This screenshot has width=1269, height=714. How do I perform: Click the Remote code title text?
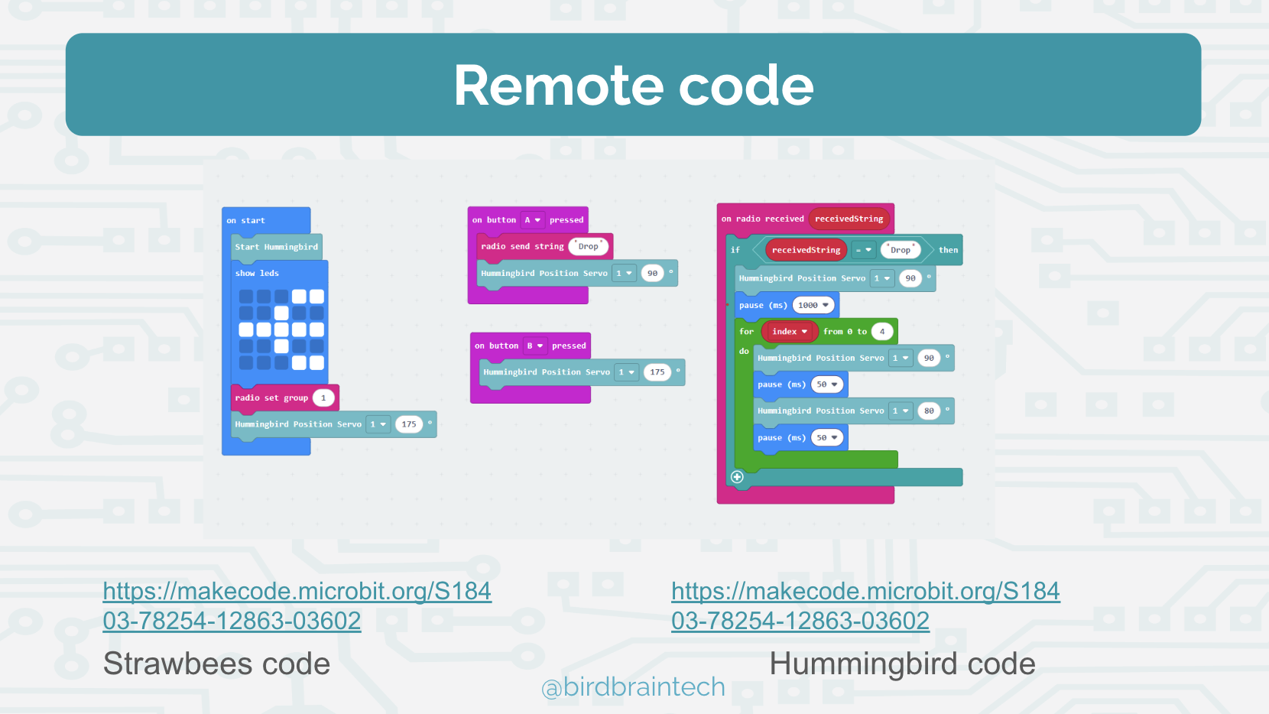tap(633, 85)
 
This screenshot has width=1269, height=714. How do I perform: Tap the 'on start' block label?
tap(245, 221)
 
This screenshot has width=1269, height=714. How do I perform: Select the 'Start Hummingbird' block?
tap(276, 247)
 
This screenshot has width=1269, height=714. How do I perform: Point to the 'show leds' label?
tap(257, 274)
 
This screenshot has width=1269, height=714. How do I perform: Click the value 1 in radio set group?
tap(323, 398)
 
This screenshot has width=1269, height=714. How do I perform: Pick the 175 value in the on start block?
tap(409, 424)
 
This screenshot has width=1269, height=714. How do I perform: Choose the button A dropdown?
tap(532, 220)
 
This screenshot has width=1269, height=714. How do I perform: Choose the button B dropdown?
tap(534, 346)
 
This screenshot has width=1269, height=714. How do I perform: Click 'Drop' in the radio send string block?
tap(588, 246)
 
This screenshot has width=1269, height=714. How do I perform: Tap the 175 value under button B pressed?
tap(657, 372)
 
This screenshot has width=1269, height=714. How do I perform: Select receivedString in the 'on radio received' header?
tap(849, 219)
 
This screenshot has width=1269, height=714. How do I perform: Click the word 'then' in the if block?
tap(948, 250)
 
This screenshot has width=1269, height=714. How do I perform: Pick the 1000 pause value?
tap(813, 305)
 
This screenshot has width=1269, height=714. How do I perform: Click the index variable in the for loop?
tap(789, 332)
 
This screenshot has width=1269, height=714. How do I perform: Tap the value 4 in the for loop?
tap(882, 332)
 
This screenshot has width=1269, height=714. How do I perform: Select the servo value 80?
tap(929, 411)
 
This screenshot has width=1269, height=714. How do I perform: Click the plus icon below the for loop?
tap(737, 477)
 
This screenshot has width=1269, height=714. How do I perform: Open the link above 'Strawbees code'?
tap(297, 605)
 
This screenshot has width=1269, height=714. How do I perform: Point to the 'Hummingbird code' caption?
tap(902, 664)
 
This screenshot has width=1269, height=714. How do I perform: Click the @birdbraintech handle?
tap(633, 687)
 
